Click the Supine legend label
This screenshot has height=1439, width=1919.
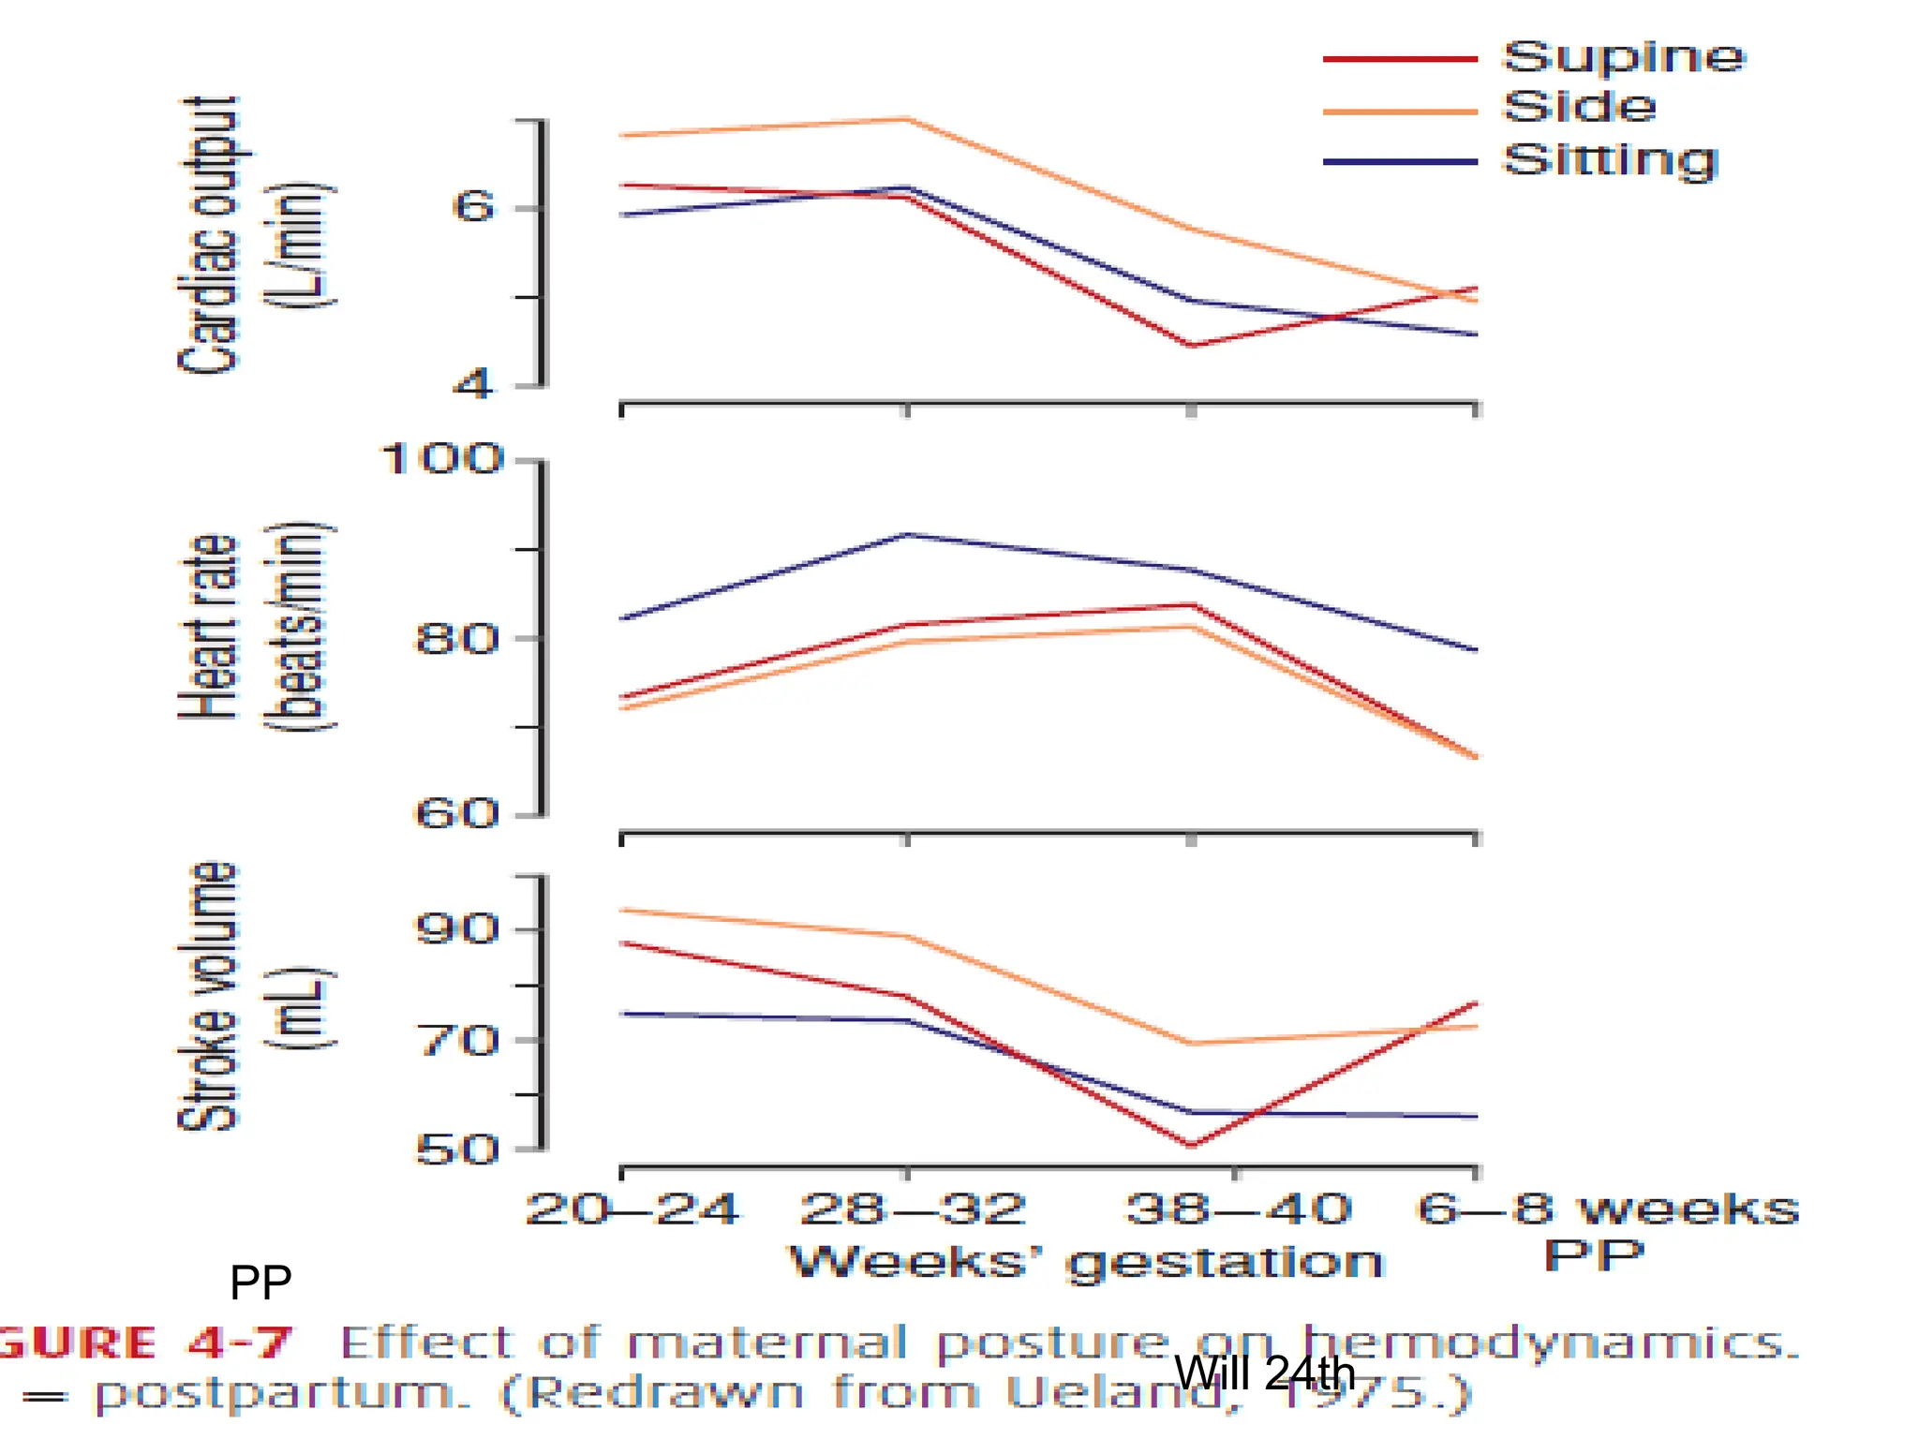(x=1624, y=58)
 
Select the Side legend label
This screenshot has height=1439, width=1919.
(x=1580, y=108)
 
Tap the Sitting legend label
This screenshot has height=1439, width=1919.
(x=1610, y=161)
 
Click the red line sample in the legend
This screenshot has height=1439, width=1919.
(x=1400, y=59)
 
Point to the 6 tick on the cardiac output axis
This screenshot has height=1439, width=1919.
(x=473, y=207)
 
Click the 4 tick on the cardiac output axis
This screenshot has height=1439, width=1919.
(x=473, y=384)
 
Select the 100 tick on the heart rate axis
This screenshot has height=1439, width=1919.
(x=441, y=460)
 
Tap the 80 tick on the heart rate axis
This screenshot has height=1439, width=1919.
(x=455, y=640)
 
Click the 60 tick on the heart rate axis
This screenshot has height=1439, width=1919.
(x=455, y=813)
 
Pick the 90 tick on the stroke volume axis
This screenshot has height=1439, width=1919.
(x=455, y=929)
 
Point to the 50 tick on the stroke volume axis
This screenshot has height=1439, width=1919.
(x=456, y=1150)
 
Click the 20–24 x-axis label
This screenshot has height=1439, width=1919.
(x=632, y=1209)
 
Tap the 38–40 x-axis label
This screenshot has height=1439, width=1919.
(x=1238, y=1209)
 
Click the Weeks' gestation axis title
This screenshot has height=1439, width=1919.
(x=1086, y=1262)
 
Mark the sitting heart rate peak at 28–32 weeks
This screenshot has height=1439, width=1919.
(x=907, y=535)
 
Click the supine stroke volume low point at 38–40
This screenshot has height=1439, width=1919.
(x=1191, y=1145)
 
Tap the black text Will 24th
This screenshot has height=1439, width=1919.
(x=1264, y=1373)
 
